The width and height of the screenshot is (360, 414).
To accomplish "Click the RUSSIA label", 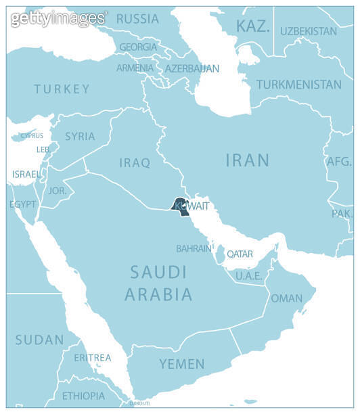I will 137,19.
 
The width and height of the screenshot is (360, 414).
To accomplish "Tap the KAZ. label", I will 252,27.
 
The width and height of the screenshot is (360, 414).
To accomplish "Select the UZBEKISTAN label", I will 308,31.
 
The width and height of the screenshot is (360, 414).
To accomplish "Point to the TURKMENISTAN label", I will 298,85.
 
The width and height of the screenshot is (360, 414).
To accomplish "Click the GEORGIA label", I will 137,47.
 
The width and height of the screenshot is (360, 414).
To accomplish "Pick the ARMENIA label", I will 135,68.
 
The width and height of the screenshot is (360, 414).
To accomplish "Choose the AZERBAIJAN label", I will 192,69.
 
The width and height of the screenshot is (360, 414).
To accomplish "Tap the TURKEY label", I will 62,89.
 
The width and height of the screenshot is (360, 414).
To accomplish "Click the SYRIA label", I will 80,137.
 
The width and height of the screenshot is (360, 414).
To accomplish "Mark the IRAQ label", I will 134,163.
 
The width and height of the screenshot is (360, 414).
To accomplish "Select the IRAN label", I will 247,160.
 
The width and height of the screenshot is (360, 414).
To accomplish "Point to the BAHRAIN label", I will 194,249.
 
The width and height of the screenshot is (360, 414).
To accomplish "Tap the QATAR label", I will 240,254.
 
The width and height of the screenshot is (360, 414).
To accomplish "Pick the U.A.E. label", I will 248,276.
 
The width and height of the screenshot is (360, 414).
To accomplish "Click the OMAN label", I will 286,298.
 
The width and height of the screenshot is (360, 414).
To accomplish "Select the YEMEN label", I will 181,364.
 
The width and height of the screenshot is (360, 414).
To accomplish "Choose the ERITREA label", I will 93,358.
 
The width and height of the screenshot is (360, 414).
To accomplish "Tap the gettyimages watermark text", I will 58,18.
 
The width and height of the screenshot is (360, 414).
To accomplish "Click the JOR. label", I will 58,191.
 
